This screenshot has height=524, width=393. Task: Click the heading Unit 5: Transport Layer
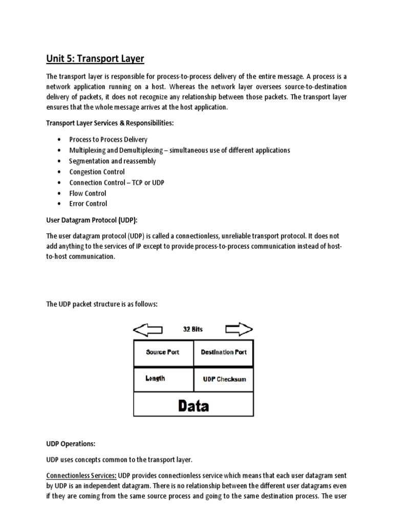(x=95, y=59)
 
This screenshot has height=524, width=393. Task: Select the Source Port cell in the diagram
(x=163, y=353)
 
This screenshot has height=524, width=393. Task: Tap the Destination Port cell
(x=224, y=353)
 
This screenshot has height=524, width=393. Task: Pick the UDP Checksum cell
(x=224, y=379)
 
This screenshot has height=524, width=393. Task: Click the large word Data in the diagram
(x=193, y=406)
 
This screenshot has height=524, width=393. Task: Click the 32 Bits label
(x=193, y=330)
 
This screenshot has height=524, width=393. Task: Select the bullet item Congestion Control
(x=97, y=172)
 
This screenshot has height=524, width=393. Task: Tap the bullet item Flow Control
(x=88, y=193)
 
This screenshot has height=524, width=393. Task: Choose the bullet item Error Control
(x=89, y=204)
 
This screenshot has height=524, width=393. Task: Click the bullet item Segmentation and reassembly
(x=113, y=161)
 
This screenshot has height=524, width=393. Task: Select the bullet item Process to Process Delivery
(x=108, y=140)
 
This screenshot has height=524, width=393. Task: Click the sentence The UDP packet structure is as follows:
(x=102, y=304)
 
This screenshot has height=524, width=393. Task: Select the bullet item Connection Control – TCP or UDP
(x=117, y=183)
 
